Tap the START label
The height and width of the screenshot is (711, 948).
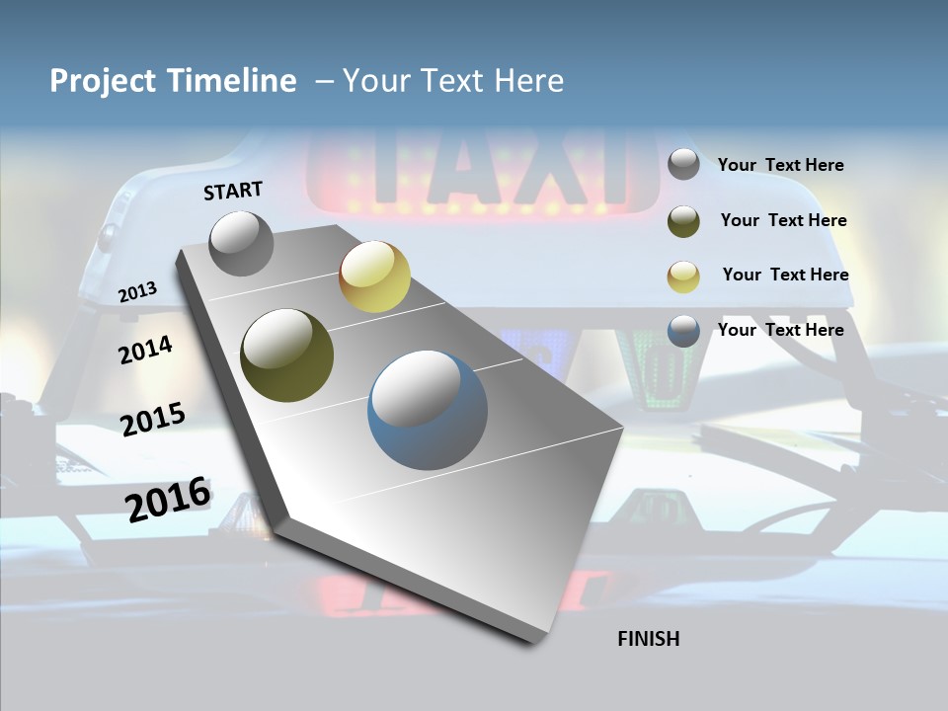point(233,191)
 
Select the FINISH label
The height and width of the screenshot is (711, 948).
point(649,639)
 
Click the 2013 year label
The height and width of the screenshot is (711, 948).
point(137,292)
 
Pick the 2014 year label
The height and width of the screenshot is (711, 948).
point(145,350)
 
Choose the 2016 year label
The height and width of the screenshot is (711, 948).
point(168,499)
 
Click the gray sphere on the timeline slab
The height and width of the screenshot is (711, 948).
point(242,244)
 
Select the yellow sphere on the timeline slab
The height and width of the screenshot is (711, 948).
point(374,277)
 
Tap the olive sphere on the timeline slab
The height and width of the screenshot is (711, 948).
point(287,356)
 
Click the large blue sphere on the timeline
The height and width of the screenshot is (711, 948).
point(428,410)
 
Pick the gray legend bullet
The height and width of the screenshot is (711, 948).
point(683,164)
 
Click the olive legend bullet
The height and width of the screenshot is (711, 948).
point(683,220)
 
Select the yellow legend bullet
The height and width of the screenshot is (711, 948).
point(683,276)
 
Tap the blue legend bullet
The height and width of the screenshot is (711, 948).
point(683,331)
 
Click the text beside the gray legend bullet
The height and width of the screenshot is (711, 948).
point(781,165)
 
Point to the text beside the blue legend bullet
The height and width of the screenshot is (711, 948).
point(781,330)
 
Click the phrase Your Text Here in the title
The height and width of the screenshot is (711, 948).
point(453,81)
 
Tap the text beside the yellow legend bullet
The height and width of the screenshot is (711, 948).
point(785,275)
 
